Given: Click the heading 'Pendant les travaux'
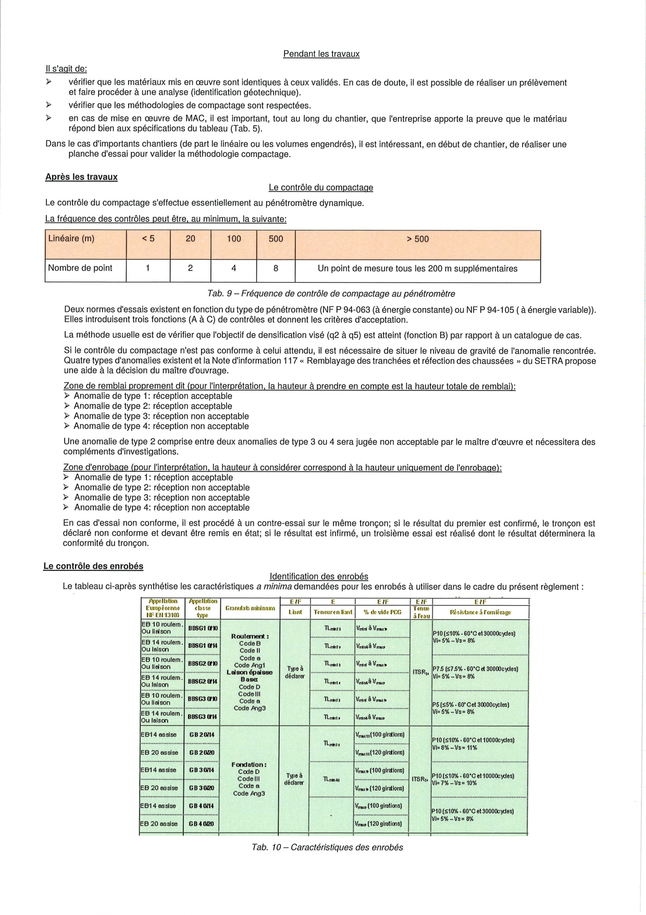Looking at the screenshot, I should point(321,54).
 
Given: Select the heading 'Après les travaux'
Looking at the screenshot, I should point(81,177).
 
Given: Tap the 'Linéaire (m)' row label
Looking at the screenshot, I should point(71,239).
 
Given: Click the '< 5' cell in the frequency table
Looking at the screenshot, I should point(148,239).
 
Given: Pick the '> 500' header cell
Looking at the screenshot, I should point(417,239).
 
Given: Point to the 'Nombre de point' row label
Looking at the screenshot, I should point(80,268).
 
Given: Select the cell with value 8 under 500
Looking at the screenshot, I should point(276,268).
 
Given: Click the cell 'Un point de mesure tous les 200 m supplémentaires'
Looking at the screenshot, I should point(417,269).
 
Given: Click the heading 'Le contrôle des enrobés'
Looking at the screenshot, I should point(93,566).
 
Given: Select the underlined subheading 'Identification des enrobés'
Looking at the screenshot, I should point(319,576).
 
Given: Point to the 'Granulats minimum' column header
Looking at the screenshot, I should point(250,608).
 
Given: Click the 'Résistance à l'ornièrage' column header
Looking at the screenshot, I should point(480,612).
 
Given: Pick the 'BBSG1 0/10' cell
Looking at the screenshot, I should point(202,628).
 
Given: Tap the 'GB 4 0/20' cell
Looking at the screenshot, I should point(202,824).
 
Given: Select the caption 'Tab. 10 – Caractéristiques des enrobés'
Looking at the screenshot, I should point(327,847).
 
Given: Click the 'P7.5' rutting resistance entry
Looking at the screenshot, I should point(473,668).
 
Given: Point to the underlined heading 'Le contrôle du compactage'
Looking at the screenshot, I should point(321,188).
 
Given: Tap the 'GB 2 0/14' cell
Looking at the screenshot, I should point(202,735).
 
